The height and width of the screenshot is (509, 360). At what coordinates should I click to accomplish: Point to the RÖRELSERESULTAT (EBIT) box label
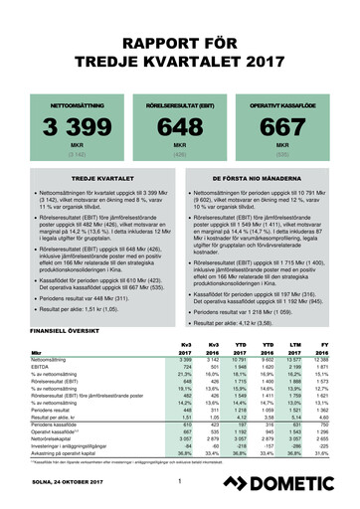pyautogui.click(x=179, y=103)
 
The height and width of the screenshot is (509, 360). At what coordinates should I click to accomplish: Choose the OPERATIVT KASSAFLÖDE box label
pyautogui.click(x=298, y=103)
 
